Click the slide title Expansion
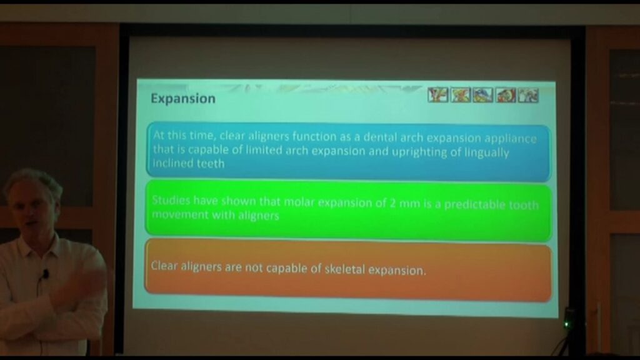183,99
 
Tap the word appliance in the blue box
512,139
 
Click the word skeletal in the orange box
345,269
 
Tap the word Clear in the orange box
164,266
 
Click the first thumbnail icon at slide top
438,95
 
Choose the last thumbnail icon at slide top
528,96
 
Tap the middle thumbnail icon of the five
483,95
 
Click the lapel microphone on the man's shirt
46,274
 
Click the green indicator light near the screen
567,324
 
